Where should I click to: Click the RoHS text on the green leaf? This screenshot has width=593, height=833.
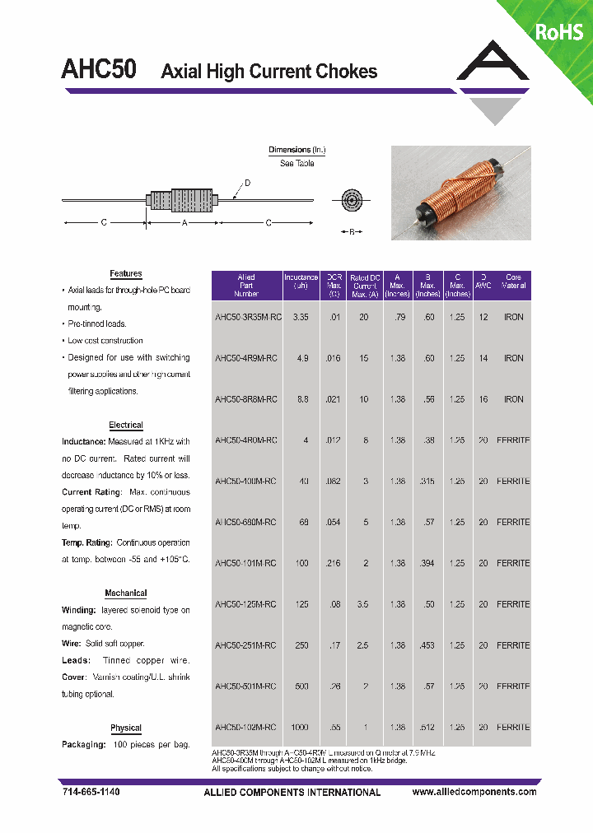pos(559,31)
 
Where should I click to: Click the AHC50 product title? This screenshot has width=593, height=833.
pos(99,69)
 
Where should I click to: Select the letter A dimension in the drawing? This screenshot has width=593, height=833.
pos(184,223)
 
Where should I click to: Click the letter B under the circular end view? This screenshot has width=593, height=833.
pos(352,233)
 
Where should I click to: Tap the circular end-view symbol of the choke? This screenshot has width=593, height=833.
pos(352,200)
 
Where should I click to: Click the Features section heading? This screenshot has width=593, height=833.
pos(126,273)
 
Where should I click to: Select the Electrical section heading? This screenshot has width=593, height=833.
pos(126,425)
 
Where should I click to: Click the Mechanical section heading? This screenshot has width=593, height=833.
pos(126,593)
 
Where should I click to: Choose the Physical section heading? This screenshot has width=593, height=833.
pos(126,728)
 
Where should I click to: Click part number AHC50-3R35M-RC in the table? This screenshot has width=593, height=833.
pos(245,317)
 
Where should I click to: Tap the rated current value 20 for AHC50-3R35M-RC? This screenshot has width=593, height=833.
pos(364,317)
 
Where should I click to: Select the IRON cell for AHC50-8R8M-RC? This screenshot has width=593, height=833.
pos(513,399)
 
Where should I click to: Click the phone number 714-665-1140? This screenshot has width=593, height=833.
pos(91,792)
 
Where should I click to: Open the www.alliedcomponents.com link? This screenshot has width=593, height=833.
pos(474,792)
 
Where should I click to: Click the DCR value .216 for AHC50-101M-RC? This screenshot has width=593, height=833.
pos(334,563)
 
